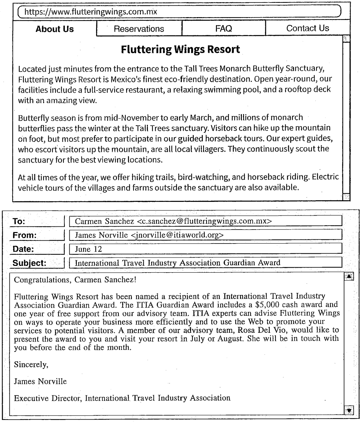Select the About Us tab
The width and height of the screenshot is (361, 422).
55,29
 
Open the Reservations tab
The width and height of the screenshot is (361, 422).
139,29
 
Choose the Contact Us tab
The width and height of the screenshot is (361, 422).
308,28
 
